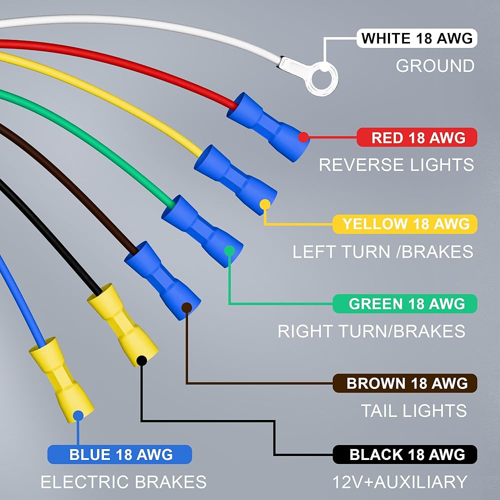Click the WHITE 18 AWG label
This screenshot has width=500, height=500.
[417, 38]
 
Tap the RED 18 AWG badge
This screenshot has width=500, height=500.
[417, 137]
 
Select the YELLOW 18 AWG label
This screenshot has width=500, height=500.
[405, 224]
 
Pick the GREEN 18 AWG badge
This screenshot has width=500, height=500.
[405, 303]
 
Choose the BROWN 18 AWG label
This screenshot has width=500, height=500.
[405, 383]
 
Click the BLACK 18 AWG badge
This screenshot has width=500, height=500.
[405, 454]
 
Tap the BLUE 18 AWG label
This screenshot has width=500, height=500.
[119, 454]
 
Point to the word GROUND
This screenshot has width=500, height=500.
[435, 65]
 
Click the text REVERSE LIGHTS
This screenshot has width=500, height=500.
[396, 165]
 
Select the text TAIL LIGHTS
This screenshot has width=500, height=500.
[413, 410]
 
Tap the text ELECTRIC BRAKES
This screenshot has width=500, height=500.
[123, 481]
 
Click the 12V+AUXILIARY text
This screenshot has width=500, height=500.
[399, 481]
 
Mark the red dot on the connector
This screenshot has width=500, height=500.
[303, 137]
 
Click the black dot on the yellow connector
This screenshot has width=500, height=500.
[141, 361]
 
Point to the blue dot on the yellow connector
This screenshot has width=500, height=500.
[78, 416]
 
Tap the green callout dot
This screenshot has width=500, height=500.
[229, 251]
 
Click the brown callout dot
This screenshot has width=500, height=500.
[186, 307]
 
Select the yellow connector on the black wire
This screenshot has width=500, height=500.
[122, 324]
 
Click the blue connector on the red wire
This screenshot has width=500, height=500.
[268, 127]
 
